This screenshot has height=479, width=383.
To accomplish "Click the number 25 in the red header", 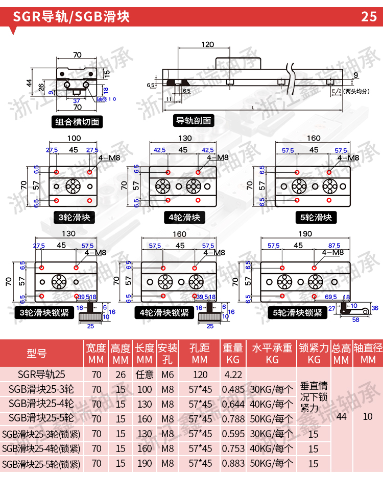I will pos(369,17).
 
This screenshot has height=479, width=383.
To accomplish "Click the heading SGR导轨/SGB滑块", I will pos(71,17).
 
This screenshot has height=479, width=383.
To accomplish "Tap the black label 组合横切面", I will pos(78,122).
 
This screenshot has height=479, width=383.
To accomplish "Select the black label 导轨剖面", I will pos(194,121).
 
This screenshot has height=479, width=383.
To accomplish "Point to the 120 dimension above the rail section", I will pos(207,44).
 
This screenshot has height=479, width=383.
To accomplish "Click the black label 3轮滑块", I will pos(75,218).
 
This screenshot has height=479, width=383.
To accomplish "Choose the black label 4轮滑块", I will pos(185,218).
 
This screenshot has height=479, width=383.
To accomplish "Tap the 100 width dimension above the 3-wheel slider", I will pos(74,138).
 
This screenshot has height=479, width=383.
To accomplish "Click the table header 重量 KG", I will pos(233,354).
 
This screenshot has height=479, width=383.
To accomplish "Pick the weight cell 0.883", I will pos(233,464).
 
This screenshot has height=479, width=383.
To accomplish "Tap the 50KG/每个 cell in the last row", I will pos(271,464).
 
